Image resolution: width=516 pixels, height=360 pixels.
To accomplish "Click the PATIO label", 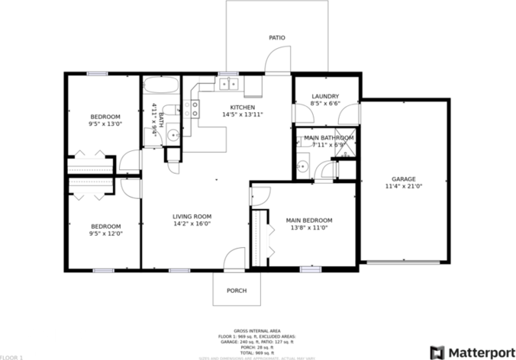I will click(x=276, y=37).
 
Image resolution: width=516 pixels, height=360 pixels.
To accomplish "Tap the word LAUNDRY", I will click(x=325, y=96).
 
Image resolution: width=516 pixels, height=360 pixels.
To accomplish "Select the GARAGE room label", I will click(x=405, y=178).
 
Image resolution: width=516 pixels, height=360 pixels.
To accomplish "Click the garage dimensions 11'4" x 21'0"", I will click(x=405, y=186).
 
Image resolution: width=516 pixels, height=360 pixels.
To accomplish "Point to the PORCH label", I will click(x=237, y=291).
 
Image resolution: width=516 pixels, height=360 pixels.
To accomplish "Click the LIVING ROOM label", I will click(x=192, y=216).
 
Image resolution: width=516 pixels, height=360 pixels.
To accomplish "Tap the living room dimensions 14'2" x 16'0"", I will click(x=192, y=223).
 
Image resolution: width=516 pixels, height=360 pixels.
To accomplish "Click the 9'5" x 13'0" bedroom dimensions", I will click(x=105, y=124).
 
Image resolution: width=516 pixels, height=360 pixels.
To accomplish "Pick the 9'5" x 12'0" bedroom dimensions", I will click(x=105, y=233).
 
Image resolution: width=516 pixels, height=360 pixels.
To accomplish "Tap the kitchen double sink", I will click(x=228, y=84).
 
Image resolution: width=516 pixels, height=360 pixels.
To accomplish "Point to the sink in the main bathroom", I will click(x=302, y=166).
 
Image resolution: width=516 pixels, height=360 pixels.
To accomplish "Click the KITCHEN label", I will click(x=243, y=108).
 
